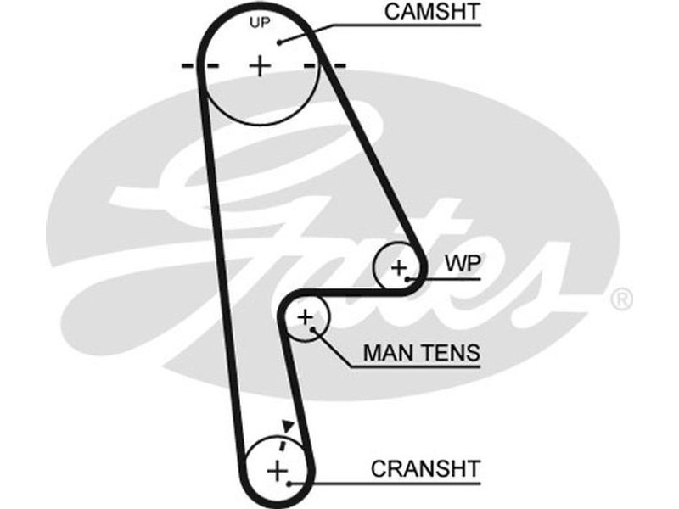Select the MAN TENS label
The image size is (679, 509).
click(421, 352)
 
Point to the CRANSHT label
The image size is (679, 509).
click(425, 467)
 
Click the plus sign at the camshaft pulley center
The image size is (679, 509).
click(260, 64)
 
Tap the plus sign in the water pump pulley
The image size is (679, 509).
click(398, 267)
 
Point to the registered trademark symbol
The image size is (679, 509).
click(621, 299)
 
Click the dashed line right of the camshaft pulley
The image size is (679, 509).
click(326, 64)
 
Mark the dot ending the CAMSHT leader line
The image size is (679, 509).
click(277, 42)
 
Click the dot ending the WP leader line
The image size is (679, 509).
click(408, 277)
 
